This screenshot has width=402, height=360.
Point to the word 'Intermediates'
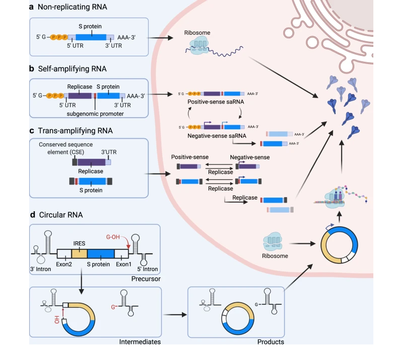[x=140, y=342]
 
